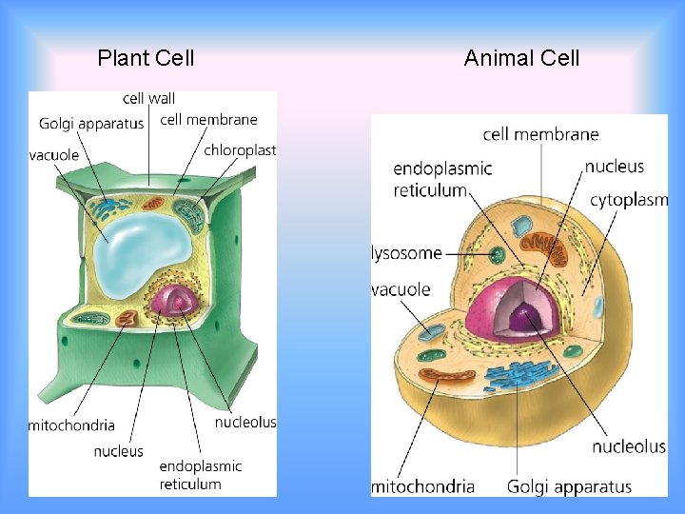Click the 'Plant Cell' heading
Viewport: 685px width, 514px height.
click(x=146, y=58)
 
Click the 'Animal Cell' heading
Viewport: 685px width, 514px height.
click(x=521, y=58)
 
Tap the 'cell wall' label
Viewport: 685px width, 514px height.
click(x=149, y=98)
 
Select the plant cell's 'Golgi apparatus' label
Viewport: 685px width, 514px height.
click(x=91, y=123)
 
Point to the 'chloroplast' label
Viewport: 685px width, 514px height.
click(x=240, y=149)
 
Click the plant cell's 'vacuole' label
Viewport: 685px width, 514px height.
click(x=54, y=155)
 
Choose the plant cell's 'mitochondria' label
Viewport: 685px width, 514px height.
click(x=72, y=425)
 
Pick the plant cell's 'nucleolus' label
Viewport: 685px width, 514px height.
click(x=245, y=422)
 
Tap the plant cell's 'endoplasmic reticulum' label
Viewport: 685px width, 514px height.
click(x=201, y=475)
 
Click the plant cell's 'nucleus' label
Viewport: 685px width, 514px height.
click(x=119, y=451)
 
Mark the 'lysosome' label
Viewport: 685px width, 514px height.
click(x=407, y=253)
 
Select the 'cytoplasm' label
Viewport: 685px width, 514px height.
click(x=629, y=200)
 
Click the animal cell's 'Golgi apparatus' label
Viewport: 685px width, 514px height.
click(x=569, y=486)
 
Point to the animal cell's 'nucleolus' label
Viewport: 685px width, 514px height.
click(x=629, y=446)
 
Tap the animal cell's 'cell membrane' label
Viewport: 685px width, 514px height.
click(x=540, y=134)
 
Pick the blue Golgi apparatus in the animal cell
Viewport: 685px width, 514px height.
click(x=520, y=375)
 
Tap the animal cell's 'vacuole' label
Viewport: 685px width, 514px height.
click(x=401, y=289)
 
